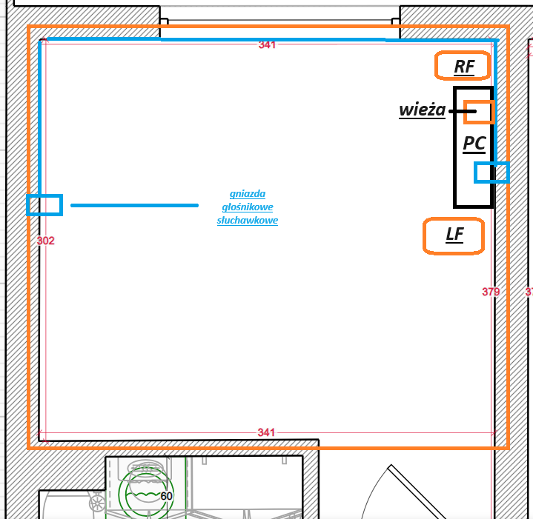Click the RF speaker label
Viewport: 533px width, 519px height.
464,67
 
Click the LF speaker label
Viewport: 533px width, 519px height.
455,235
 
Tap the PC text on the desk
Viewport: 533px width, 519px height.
474,144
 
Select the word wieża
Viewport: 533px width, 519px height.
423,110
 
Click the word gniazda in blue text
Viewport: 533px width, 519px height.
248,194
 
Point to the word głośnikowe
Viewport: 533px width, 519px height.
248,207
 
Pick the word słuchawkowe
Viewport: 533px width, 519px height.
248,221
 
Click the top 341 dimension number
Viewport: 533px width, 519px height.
267,45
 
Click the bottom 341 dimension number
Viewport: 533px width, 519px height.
266,432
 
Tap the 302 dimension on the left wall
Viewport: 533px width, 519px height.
45,241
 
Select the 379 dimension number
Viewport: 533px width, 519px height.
491,292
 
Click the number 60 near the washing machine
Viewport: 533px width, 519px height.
166,496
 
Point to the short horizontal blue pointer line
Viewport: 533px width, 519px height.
134,205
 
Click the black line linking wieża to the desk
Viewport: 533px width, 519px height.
463,111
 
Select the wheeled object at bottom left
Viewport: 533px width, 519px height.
96,502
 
